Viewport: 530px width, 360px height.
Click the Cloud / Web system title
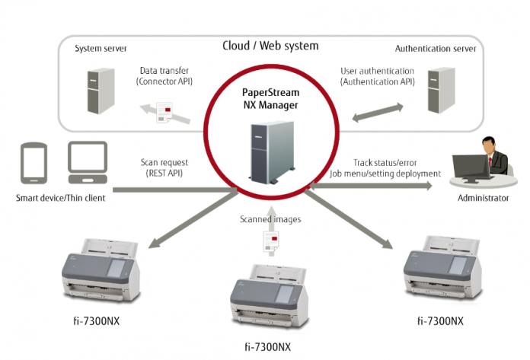270,46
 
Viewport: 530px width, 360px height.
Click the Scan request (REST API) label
164,167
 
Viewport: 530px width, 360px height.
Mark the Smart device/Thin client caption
61,199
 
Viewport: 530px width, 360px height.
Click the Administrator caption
483,198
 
